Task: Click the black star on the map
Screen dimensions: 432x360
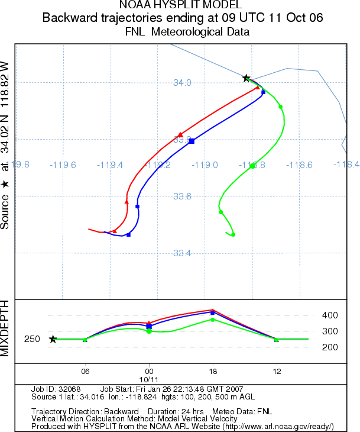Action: (x=247, y=78)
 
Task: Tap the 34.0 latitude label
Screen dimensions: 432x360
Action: (x=182, y=83)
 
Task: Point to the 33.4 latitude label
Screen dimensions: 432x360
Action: (x=182, y=253)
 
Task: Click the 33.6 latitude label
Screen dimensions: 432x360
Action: (x=182, y=196)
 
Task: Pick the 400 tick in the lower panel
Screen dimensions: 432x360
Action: (x=329, y=315)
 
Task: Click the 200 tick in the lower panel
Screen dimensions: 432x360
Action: (x=329, y=347)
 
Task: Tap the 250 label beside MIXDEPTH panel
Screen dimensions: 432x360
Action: (x=32, y=339)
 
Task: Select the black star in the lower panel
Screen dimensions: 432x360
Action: (x=53, y=339)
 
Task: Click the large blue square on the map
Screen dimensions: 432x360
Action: (x=192, y=141)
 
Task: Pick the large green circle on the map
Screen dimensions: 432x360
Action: (x=252, y=166)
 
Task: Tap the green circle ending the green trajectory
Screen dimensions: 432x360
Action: (x=233, y=235)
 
